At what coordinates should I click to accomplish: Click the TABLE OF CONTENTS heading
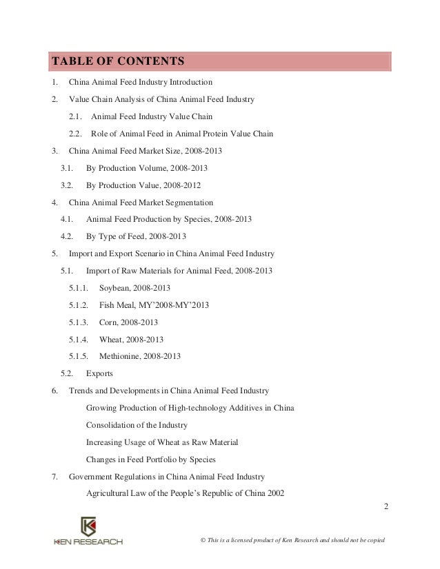[x=118, y=62]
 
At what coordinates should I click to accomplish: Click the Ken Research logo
[x=88, y=531]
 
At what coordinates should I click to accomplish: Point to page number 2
[x=386, y=509]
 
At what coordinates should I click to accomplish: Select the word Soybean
[x=115, y=287]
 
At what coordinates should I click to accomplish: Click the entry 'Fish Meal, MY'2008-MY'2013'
[x=154, y=304]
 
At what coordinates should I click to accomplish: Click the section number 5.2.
[x=68, y=373]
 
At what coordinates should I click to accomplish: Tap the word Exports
[x=99, y=373]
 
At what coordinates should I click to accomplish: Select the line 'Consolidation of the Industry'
[x=137, y=425]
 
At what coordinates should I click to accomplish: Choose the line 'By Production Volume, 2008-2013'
[x=147, y=167]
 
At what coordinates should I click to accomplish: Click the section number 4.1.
[x=68, y=219]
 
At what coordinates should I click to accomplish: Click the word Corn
[x=109, y=322]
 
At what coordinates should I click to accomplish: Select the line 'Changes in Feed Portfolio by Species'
[x=150, y=459]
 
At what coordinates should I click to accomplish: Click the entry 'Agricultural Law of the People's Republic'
[x=185, y=493]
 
